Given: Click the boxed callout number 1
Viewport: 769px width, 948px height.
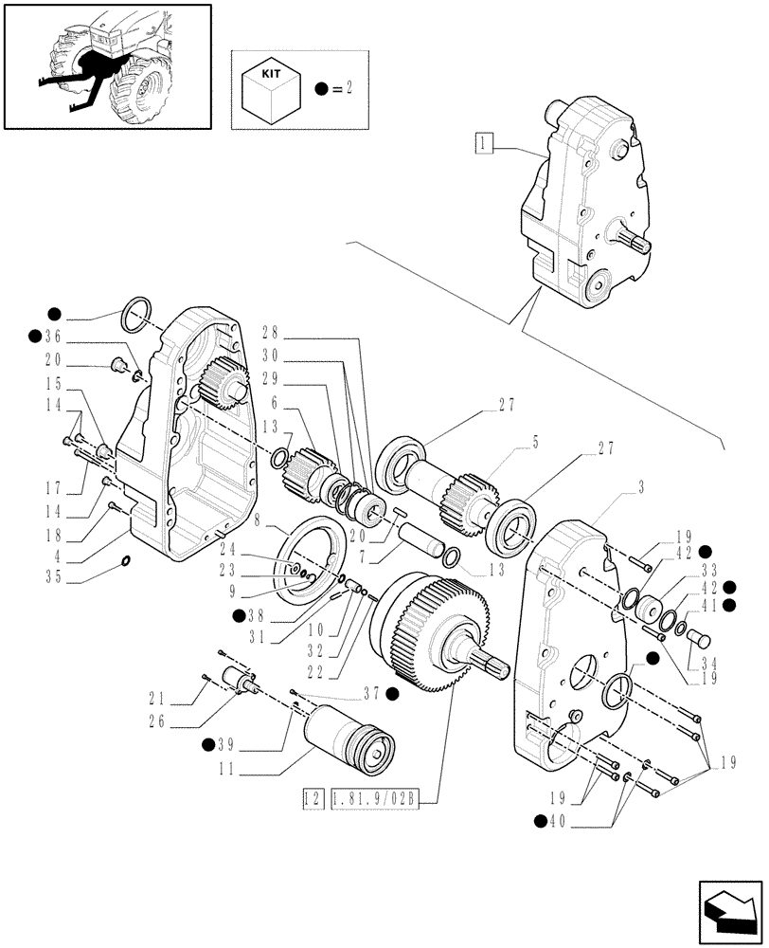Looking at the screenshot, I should pos(484,144).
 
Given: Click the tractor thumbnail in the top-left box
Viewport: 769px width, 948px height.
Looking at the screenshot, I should pos(106,65).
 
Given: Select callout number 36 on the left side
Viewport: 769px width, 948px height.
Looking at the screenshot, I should pos(51,336).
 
